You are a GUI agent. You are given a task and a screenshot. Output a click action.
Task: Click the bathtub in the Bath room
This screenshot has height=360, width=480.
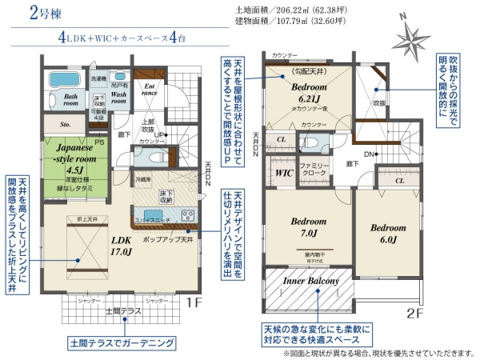[x=62, y=81]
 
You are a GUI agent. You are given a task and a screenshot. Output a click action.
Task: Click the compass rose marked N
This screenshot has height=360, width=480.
[x=419, y=38]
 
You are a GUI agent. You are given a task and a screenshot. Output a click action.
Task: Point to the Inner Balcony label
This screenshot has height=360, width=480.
[x=312, y=281]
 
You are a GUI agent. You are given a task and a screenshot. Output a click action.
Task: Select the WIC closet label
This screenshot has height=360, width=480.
[x=283, y=172]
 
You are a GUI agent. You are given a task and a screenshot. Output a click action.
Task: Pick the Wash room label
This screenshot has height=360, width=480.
[x=119, y=98]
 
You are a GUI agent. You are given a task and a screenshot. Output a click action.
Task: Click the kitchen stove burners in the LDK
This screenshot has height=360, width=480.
[x=189, y=214]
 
